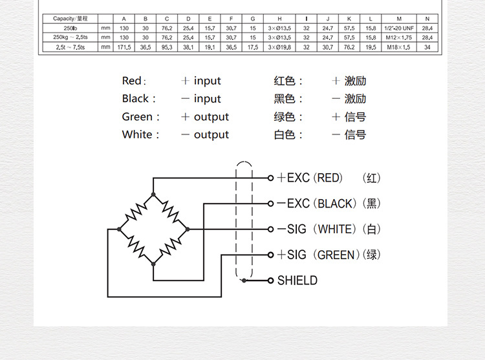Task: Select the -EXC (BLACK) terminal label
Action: tap(316, 204)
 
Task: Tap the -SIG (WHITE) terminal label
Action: tap(316, 229)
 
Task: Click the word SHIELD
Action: tap(297, 281)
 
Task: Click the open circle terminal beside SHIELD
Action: tap(271, 281)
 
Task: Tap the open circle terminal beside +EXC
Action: tap(271, 178)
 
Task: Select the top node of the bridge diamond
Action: tap(153, 194)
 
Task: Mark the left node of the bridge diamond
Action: tap(119, 229)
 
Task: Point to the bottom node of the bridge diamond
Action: tap(153, 264)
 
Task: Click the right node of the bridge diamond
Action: tap(188, 229)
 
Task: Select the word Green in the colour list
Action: tap(138, 117)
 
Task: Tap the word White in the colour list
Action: tap(137, 134)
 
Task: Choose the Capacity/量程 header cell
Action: tap(70, 18)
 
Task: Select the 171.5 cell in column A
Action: tap(124, 47)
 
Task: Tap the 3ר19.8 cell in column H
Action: tap(279, 47)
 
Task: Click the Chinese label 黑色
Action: tap(285, 99)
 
